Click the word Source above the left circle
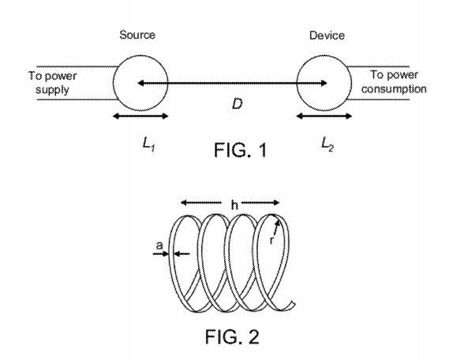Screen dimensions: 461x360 coord(137,35)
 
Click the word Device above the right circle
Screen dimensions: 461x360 coord(327,36)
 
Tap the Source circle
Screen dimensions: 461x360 coord(114,83)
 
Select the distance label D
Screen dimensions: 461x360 coord(238,104)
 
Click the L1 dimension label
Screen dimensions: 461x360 coord(148,144)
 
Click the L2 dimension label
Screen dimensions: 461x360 coord(328,144)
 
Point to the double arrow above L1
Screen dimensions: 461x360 coord(141,116)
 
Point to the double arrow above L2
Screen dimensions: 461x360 coord(324,116)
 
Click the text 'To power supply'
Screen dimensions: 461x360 coord(52,83)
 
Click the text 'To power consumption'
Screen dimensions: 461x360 coord(394,82)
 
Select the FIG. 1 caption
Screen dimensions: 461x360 coord(240,150)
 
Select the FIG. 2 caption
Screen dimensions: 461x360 coord(232,337)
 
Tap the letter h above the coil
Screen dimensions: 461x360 coord(234,204)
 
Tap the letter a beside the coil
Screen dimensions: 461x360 coord(159,246)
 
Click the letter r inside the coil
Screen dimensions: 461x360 coord(272,240)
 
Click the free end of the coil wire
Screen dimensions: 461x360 coord(293,303)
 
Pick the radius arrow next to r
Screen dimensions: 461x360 coord(276,228)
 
